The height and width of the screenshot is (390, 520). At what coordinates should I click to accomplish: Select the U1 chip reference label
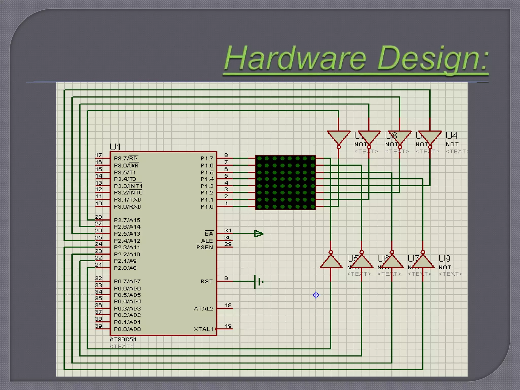pos(115,147)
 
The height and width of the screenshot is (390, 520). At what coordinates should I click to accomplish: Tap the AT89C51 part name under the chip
pos(123,339)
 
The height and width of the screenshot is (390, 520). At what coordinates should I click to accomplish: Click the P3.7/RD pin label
pos(126,158)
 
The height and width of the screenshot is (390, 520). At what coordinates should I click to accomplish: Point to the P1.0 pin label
pos(207,207)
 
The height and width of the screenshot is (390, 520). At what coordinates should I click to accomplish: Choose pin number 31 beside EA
pos(228,231)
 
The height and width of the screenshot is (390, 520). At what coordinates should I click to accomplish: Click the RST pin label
pos(207,281)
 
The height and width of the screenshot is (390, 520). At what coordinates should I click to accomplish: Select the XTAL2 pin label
pos(203,308)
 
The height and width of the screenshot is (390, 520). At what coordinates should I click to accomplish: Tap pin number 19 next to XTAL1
pos(228,326)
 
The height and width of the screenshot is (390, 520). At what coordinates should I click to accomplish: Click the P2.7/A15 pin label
pos(127,220)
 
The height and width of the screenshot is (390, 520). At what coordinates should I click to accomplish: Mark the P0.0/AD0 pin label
pos(127,329)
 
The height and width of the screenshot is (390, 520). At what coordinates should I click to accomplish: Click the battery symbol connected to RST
pos(259,282)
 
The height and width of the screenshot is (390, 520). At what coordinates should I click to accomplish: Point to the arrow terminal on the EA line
pos(259,234)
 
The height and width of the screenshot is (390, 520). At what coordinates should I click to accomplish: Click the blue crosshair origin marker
pos(316,295)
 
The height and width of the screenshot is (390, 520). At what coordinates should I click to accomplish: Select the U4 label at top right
pos(451,136)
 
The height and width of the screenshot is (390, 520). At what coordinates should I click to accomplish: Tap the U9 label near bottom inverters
pos(444,258)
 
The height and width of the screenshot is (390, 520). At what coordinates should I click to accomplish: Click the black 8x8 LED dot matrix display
pos(285,183)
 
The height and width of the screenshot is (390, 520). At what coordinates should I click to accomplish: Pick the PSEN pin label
pos(205,247)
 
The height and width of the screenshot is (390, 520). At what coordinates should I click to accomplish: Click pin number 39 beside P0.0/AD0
pos(99,326)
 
